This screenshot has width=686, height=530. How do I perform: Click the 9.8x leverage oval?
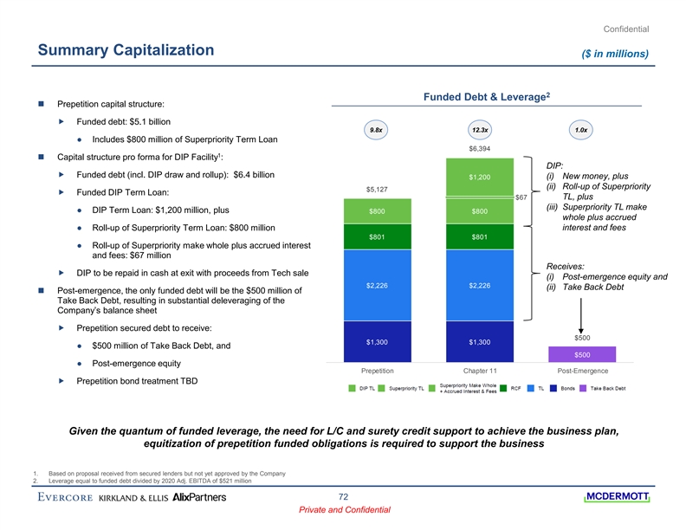point(376,130)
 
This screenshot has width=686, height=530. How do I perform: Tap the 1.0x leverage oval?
point(581,130)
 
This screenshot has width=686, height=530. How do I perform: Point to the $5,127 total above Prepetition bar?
point(376,189)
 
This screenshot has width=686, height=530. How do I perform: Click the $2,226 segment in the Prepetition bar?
point(376,285)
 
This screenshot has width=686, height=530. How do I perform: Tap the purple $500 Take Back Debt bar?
point(582,353)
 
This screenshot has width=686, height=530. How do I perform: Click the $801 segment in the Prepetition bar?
point(376,236)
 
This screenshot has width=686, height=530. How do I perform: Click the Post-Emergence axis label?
point(582,371)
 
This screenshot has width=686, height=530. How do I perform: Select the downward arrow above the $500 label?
point(582,316)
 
